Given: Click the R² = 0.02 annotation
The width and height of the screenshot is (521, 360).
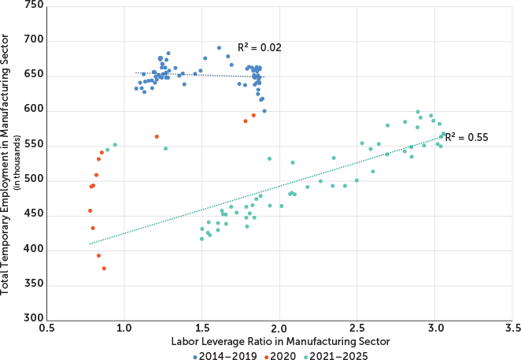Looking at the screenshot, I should pyautogui.click(x=260, y=48).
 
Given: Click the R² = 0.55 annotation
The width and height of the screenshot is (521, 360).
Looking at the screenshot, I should pyautogui.click(x=467, y=137).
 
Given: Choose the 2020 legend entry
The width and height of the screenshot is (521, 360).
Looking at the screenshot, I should pyautogui.click(x=277, y=356).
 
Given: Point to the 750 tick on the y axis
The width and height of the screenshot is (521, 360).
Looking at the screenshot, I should pyautogui.click(x=34, y=6).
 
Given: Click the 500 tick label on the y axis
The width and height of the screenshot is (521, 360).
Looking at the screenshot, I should pyautogui.click(x=34, y=180).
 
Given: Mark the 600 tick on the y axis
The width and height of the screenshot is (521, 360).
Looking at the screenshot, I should pyautogui.click(x=34, y=111).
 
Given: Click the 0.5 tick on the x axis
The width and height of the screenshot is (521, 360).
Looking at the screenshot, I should pyautogui.click(x=46, y=328).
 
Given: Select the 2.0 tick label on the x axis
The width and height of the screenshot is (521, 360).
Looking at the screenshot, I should pyautogui.click(x=279, y=328).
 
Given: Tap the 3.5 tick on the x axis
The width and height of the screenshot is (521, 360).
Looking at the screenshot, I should pyautogui.click(x=512, y=328).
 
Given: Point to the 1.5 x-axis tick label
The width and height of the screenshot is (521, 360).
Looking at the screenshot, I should pyautogui.click(x=202, y=328).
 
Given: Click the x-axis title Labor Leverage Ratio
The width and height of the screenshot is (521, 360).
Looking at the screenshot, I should pyautogui.click(x=279, y=342).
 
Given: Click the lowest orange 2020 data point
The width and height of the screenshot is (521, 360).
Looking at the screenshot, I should pyautogui.click(x=104, y=269).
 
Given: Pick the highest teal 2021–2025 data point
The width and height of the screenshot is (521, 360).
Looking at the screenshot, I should pyautogui.click(x=418, y=112).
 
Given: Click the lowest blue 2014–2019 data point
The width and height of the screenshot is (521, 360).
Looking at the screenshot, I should pyautogui.click(x=264, y=111).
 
